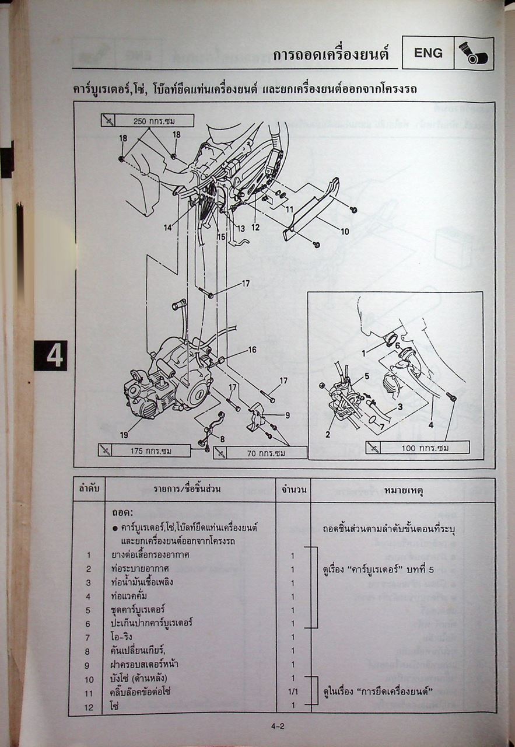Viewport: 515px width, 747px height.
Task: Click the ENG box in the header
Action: click(x=428, y=53)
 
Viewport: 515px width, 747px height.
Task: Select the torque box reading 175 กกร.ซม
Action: click(x=145, y=451)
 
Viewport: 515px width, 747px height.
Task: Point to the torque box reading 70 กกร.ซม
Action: click(x=260, y=453)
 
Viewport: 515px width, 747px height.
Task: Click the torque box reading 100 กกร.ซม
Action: click(x=418, y=448)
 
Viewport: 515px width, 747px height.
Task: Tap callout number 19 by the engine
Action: click(x=124, y=434)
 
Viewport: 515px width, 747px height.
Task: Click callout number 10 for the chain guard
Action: click(x=345, y=232)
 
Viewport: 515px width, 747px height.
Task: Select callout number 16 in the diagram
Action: click(x=252, y=350)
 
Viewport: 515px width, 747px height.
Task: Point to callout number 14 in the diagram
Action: click(x=168, y=228)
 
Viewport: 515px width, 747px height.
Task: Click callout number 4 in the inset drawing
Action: click(x=430, y=425)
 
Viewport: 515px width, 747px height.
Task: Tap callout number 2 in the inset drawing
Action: click(x=328, y=434)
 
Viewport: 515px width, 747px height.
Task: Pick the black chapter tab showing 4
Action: click(x=51, y=355)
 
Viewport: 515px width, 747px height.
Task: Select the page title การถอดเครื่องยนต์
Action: click(x=330, y=55)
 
